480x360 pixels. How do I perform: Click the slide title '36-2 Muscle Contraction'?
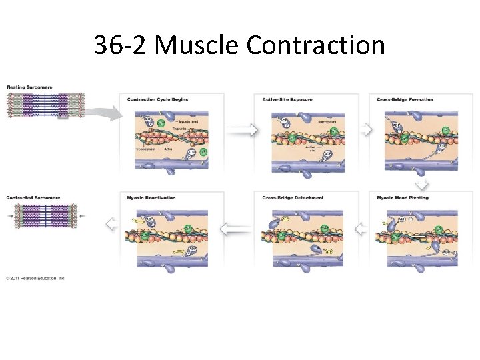(239, 45)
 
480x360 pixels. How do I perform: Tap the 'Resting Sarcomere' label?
(29, 87)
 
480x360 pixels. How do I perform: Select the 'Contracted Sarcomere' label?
(33, 197)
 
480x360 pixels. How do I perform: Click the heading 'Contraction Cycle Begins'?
(158, 99)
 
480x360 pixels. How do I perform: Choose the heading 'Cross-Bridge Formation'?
(405, 99)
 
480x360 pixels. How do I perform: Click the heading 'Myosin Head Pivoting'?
(403, 197)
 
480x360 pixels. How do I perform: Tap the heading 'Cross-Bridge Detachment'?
(293, 197)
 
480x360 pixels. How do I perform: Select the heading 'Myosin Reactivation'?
(151, 197)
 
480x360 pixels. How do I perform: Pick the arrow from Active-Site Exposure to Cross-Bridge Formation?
(364, 131)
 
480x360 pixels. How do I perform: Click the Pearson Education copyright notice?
(35, 278)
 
